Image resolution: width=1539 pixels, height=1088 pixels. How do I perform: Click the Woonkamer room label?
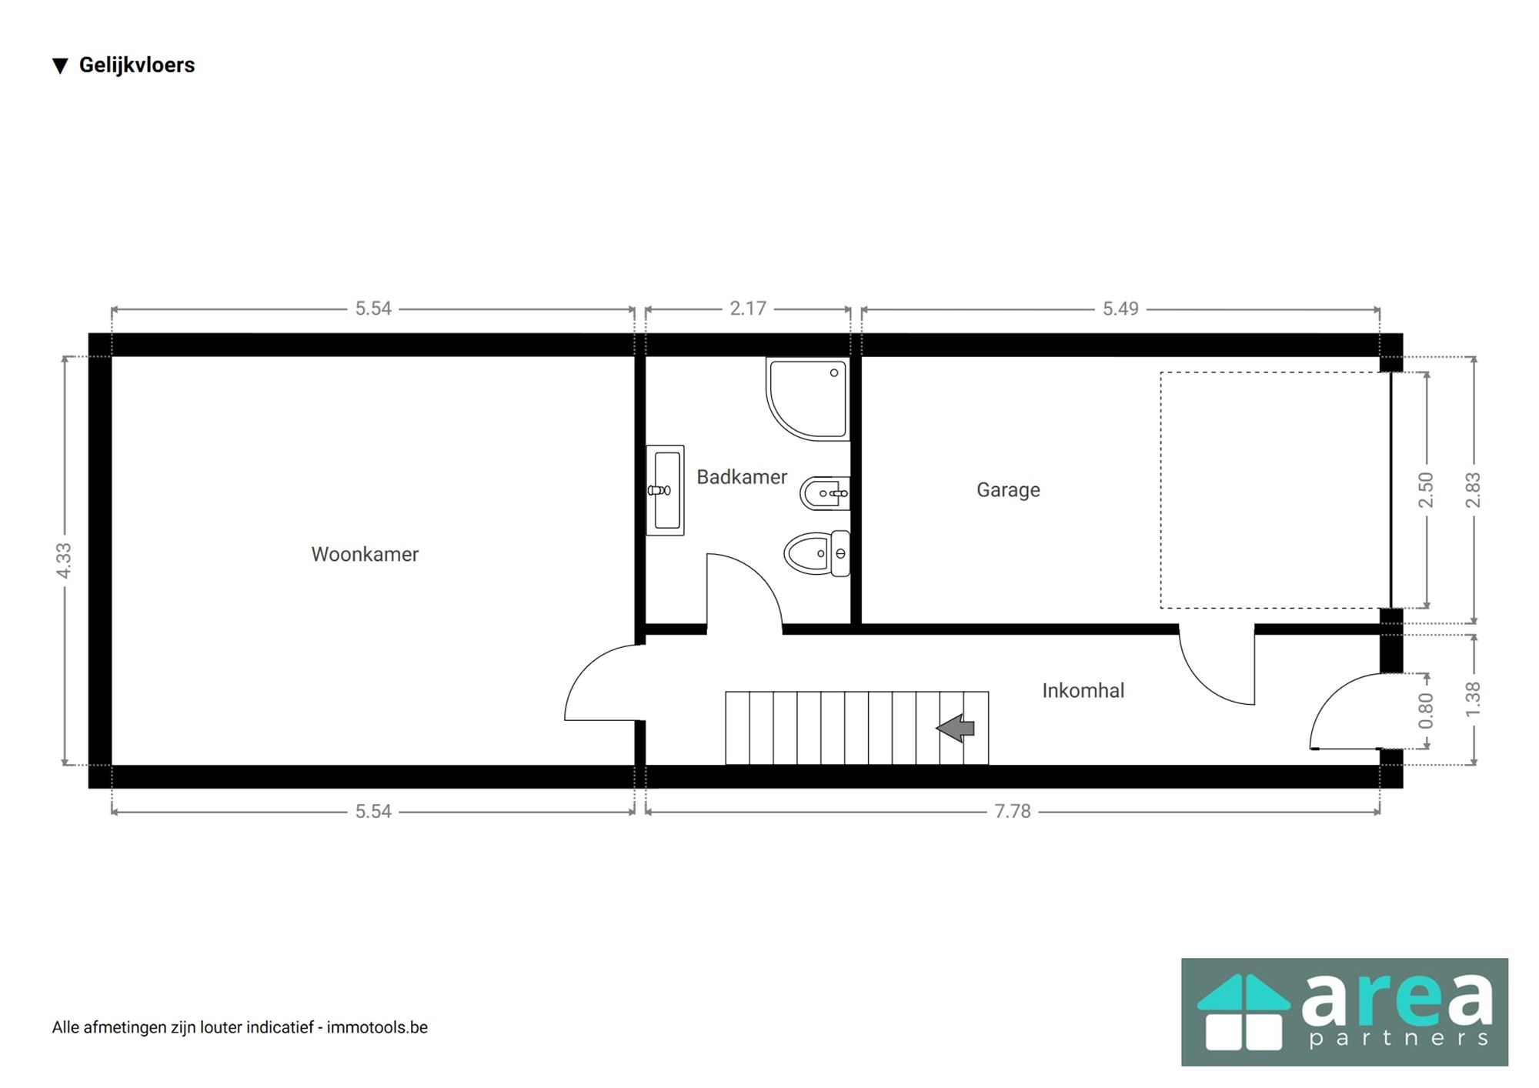tap(365, 554)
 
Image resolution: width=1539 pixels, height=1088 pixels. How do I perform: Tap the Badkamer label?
tap(741, 477)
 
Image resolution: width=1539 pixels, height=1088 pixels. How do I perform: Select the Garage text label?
tap(1008, 490)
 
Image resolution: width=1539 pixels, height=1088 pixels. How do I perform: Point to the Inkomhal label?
tap(1083, 691)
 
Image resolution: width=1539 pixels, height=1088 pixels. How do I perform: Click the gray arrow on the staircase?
tap(956, 728)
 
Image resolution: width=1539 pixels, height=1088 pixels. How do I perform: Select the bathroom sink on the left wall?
tap(665, 490)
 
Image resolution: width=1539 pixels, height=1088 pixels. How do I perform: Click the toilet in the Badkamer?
tap(816, 553)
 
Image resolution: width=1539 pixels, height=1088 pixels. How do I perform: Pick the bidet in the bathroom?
tap(824, 493)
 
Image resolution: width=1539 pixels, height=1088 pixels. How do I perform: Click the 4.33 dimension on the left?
tap(64, 560)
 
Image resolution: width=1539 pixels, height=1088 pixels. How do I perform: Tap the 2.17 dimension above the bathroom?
tap(748, 309)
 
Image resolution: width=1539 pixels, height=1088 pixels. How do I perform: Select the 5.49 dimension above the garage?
tap(1120, 309)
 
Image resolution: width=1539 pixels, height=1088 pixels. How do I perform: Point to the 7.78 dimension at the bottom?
tap(1012, 811)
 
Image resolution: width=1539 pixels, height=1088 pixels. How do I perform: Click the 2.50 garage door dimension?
tap(1426, 490)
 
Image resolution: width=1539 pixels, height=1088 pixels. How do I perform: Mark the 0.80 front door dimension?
tap(1426, 711)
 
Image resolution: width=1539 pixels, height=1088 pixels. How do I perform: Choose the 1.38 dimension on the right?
tap(1473, 699)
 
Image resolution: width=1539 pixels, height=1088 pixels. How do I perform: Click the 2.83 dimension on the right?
tap(1473, 490)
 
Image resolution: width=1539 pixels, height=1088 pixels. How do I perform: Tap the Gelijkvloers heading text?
tap(136, 65)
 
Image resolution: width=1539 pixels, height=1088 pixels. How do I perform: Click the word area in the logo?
tap(1397, 1000)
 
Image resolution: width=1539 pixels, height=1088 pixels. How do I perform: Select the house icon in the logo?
tap(1243, 1012)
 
